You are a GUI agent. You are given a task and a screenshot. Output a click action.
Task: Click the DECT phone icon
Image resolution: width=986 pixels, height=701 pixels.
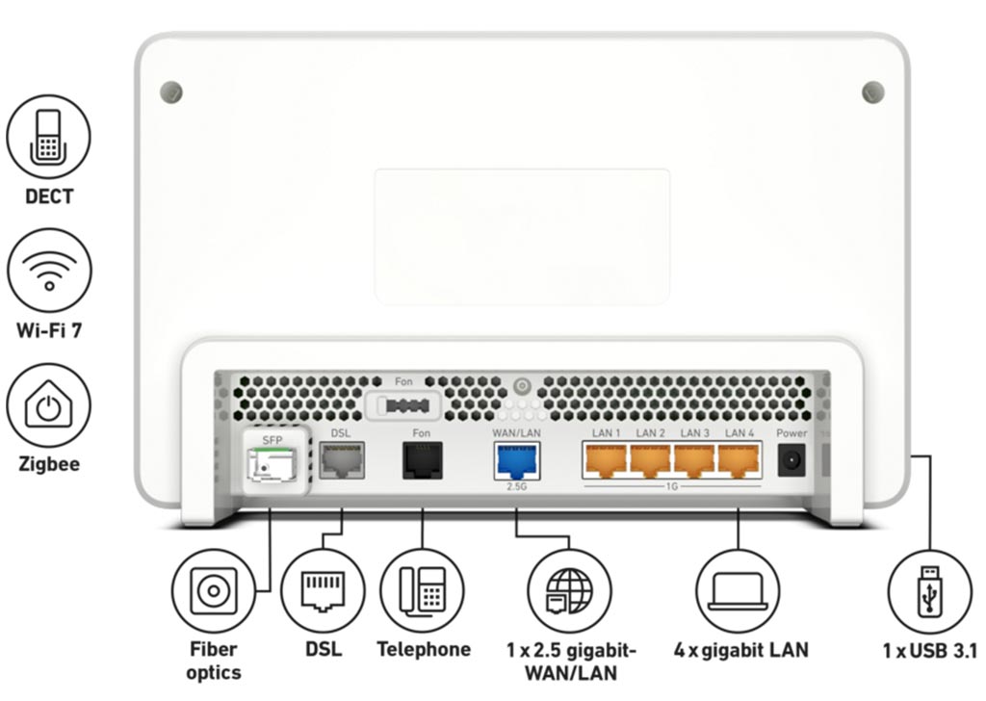point(48,137)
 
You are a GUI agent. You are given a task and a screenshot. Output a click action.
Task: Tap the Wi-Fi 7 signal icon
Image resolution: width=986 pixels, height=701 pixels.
point(48,271)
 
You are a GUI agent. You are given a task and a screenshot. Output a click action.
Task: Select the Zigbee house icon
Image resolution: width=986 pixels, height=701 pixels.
point(48,404)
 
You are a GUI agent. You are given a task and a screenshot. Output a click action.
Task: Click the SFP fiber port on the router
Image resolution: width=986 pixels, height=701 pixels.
point(272,466)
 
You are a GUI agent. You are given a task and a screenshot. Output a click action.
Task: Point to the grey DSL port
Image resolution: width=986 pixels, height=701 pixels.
point(341,461)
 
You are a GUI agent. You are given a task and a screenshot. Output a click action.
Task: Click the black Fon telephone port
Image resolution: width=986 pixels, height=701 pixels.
point(422,461)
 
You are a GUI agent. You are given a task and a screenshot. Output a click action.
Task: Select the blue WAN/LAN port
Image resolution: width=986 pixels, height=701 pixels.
point(517,461)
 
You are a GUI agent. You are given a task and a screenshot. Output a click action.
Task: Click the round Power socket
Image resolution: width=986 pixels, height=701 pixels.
point(791,461)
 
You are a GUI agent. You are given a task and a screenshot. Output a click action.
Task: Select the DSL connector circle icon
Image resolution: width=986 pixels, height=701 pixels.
point(323,590)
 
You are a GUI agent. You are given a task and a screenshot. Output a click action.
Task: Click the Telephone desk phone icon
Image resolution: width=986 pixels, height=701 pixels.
point(422,590)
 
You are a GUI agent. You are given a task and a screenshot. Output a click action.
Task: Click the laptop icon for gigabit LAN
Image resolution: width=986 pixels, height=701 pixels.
point(739,590)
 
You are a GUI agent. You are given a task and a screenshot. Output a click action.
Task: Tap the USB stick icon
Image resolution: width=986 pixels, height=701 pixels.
point(928,590)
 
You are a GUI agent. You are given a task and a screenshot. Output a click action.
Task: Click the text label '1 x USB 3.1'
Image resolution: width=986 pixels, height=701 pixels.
point(928,650)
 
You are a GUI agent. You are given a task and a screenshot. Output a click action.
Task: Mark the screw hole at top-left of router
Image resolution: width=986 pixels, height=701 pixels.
point(171,92)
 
